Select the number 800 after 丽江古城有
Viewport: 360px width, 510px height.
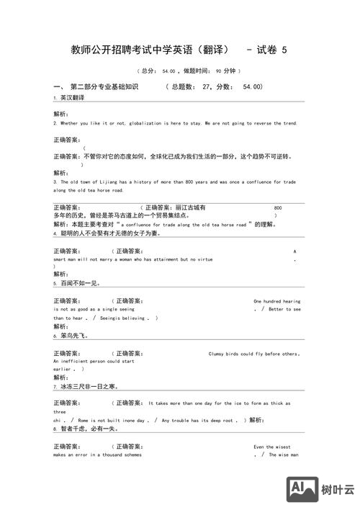pyautogui.click(x=278, y=207)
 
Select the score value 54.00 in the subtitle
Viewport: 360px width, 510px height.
pyautogui.click(x=168, y=71)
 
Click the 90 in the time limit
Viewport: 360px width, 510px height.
pyautogui.click(x=219, y=71)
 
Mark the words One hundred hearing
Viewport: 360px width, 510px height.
pyautogui.click(x=277, y=301)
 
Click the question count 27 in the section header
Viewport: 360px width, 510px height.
pyautogui.click(x=208, y=86)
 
